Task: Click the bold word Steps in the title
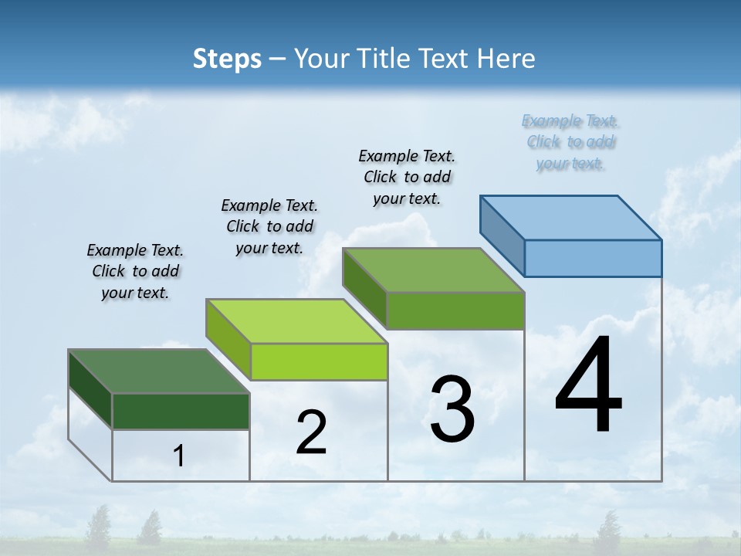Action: pos(226,59)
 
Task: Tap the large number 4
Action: pos(588,386)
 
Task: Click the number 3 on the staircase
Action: pos(452,409)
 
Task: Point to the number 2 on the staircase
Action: pos(311,432)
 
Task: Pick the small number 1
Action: pos(178,456)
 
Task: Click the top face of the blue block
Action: pos(570,217)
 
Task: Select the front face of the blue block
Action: pos(593,258)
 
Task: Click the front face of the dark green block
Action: pos(181,411)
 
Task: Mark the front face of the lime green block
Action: pos(319,361)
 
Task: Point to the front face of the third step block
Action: pos(455,310)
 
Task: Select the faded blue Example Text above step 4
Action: pos(570,142)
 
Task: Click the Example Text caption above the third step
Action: pos(407,177)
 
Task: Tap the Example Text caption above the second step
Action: pos(269,226)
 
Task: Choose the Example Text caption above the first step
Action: pos(135,271)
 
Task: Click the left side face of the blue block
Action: pos(502,236)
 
